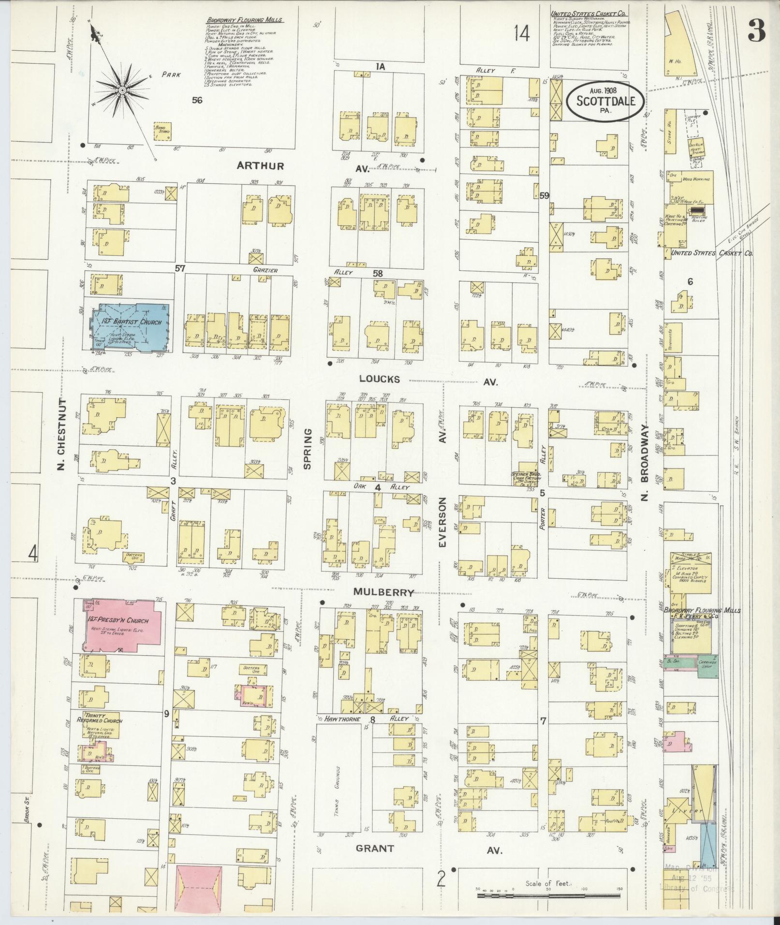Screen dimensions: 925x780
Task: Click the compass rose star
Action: pyautogui.click(x=123, y=90)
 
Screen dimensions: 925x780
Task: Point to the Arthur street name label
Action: pyautogui.click(x=260, y=166)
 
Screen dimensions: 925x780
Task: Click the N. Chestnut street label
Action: pyautogui.click(x=61, y=434)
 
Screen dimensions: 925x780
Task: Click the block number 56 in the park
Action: pyautogui.click(x=197, y=100)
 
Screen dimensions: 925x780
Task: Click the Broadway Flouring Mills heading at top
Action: pyautogui.click(x=245, y=20)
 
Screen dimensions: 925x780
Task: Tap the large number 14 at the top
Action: pyautogui.click(x=522, y=34)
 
